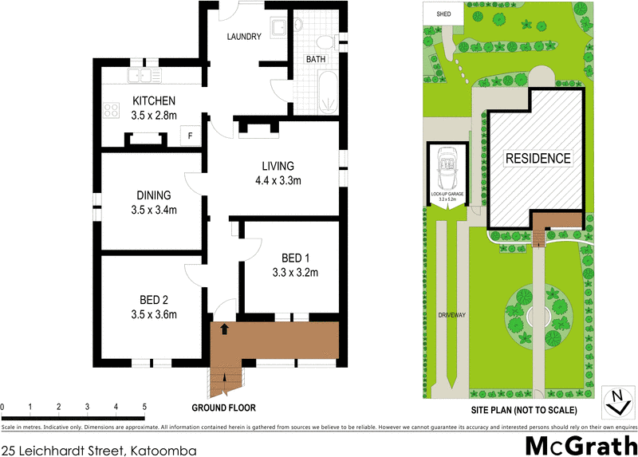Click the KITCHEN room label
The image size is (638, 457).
[x=153, y=101]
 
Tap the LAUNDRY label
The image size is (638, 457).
[x=244, y=37]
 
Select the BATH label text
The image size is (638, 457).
[x=317, y=60]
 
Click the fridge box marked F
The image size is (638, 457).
[x=190, y=136]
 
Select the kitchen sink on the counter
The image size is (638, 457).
[x=146, y=77]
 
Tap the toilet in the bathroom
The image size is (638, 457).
[x=325, y=42]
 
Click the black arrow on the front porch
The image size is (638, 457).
[x=224, y=328]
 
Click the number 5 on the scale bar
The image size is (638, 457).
[x=144, y=408]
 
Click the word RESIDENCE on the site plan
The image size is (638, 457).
[x=538, y=159]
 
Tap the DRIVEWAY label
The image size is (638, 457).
[x=451, y=316]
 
